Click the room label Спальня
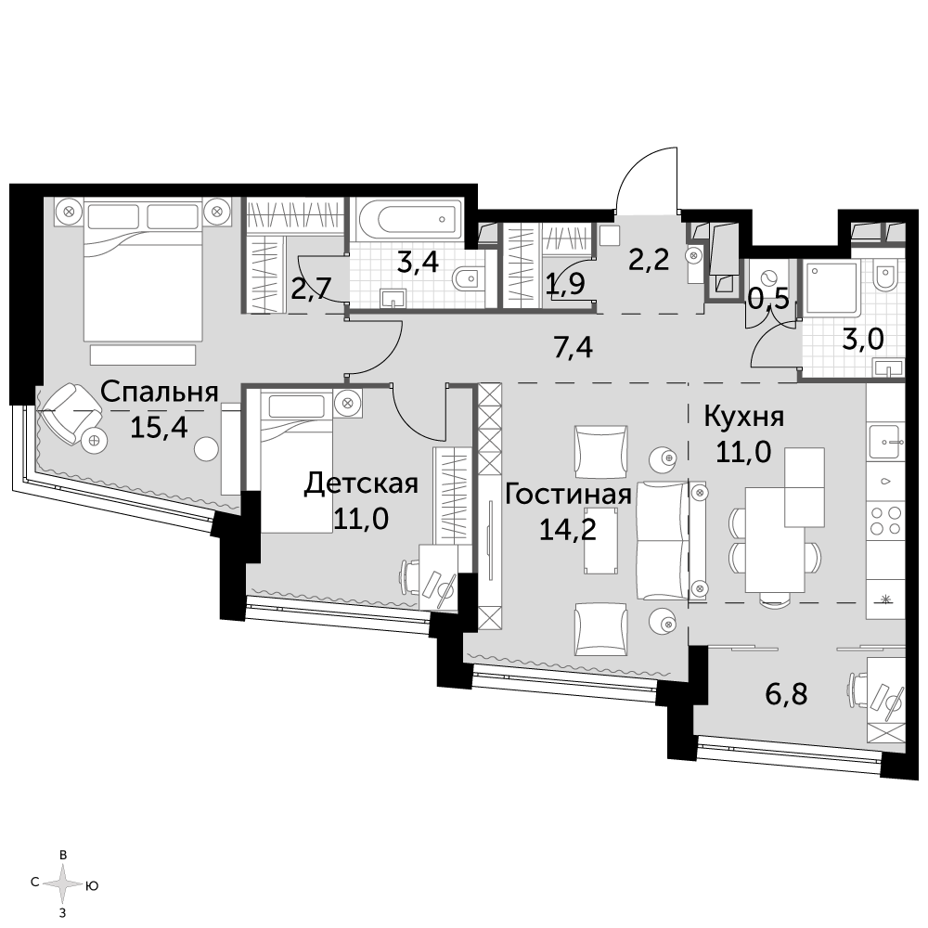coord(160,393)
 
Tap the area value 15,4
coord(159,427)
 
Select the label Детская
coord(361,483)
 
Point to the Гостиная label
coord(568,495)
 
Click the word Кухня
coord(744,418)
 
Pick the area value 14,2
coord(568,529)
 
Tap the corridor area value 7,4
coord(573,348)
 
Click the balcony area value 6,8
coord(787,693)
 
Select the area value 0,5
coord(768,300)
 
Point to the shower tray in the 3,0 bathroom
coord(828,289)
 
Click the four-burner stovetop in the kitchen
coord(885,521)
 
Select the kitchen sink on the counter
coord(886,441)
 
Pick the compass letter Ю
coord(92,886)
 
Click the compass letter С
coord(35,883)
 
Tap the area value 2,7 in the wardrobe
coord(311,290)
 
